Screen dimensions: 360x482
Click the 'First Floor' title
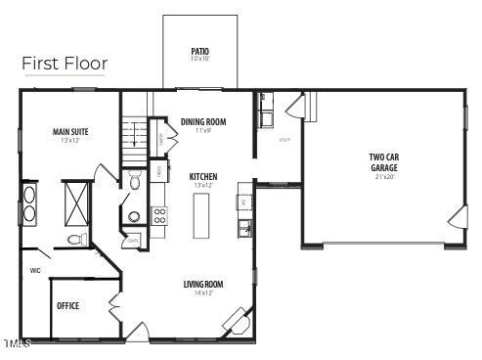pos(65,64)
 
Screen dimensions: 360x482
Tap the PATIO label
pos(200,51)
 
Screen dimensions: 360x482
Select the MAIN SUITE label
pos(69,131)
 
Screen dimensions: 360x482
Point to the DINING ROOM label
pos(203,121)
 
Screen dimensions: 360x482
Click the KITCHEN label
pos(203,176)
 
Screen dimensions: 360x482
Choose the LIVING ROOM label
pos(203,285)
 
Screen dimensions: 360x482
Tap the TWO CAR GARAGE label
pos(383,161)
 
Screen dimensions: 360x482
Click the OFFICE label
pos(67,306)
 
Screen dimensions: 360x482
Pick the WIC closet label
pos(35,271)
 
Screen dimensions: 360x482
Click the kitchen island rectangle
pos(202,215)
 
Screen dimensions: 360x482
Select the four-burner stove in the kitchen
pos(159,215)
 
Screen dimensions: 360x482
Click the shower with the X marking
pos(76,201)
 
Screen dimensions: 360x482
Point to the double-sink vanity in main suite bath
pos(29,203)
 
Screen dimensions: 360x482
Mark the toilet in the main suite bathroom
pos(74,240)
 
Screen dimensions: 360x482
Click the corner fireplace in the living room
pos(236,319)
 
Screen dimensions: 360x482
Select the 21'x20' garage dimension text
pos(383,177)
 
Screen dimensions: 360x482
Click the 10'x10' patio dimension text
pos(200,59)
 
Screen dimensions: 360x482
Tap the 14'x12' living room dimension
pos(203,292)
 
